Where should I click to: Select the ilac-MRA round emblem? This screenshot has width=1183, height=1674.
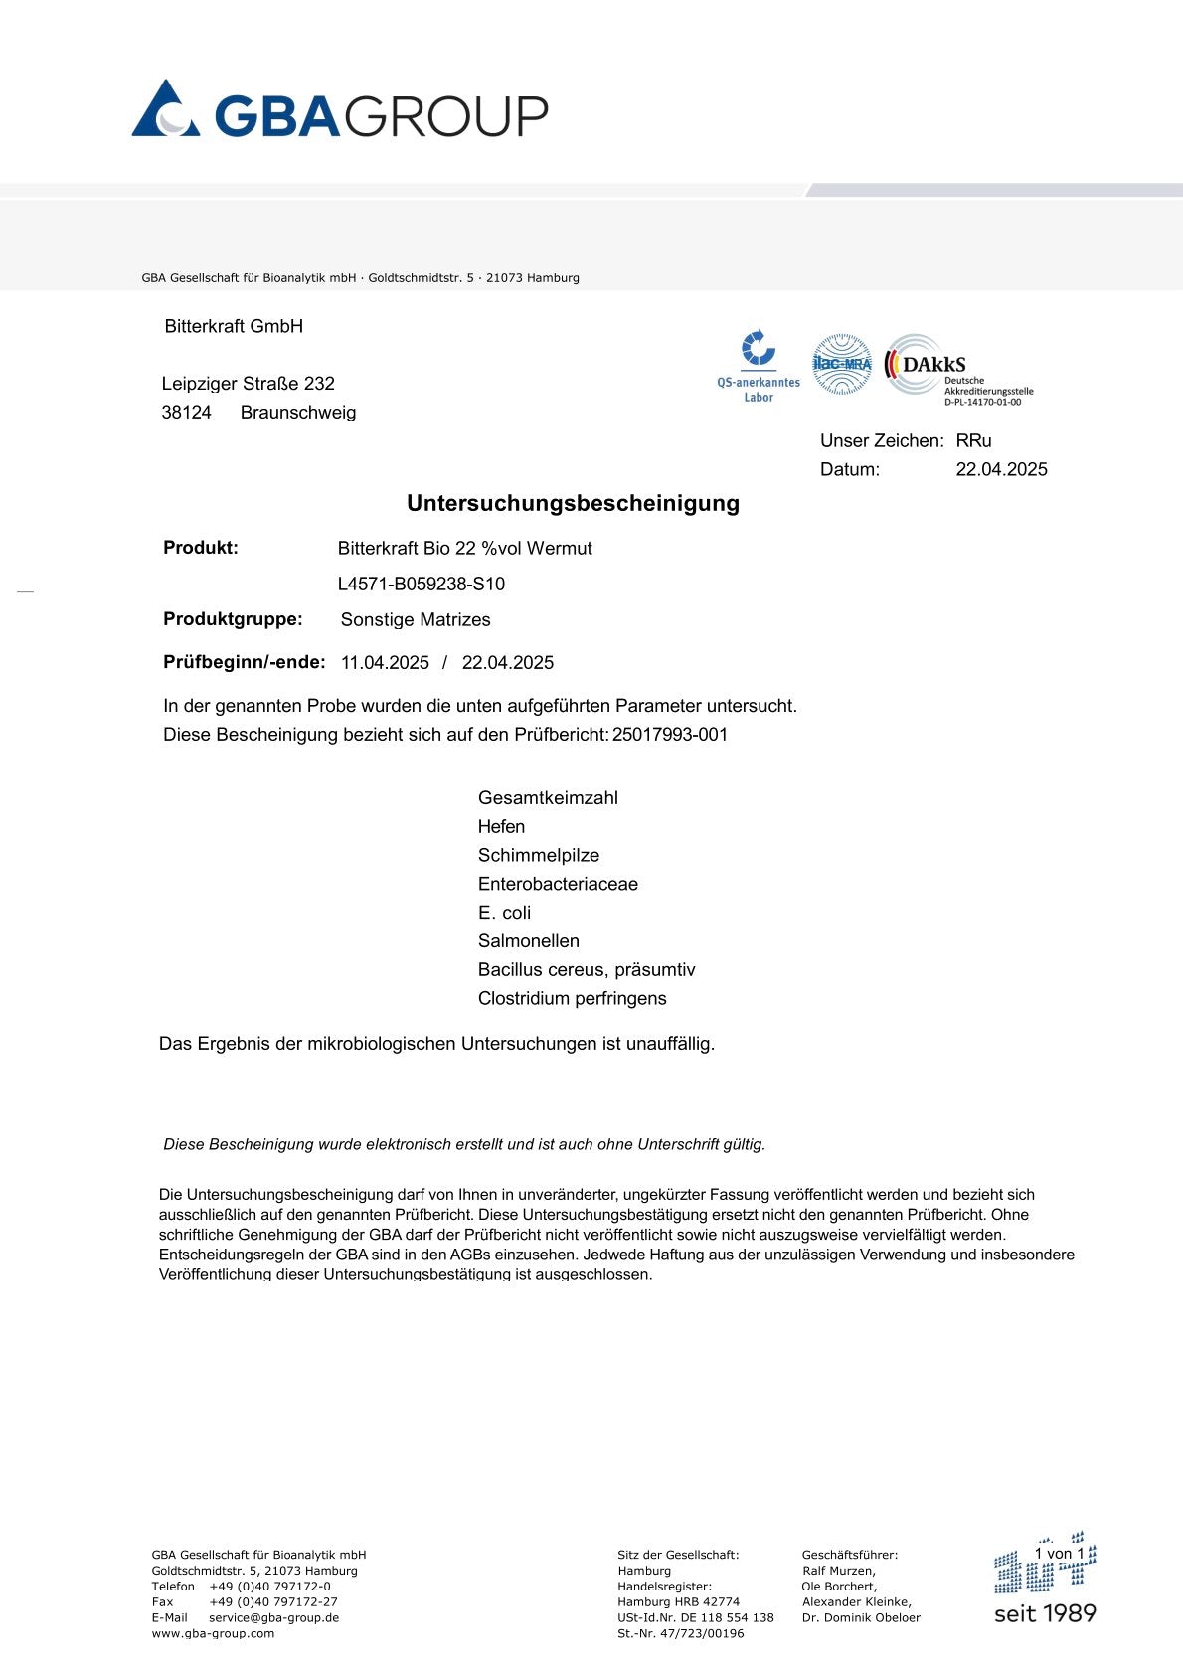point(842,364)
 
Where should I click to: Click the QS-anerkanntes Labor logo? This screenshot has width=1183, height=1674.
point(759,367)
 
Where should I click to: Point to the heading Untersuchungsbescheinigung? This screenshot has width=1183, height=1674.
point(573,503)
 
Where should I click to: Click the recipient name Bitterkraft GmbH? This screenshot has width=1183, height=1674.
point(234,326)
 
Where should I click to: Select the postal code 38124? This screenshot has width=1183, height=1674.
point(186,413)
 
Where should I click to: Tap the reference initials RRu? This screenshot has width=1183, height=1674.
point(973,440)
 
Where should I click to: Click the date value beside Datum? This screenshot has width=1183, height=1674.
point(1001,469)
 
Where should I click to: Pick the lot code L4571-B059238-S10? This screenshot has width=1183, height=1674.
point(421,584)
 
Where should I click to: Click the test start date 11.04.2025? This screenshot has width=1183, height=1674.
point(385,662)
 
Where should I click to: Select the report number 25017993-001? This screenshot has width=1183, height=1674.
point(670,735)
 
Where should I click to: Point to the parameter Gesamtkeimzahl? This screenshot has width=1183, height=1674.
point(548,797)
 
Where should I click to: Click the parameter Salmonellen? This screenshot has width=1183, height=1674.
point(528,940)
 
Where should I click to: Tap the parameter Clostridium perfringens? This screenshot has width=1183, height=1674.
point(572,998)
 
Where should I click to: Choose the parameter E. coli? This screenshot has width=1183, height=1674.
point(504,913)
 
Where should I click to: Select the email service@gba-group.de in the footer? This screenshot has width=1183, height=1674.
point(273,1617)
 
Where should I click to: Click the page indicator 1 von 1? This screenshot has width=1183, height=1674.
point(1059,1553)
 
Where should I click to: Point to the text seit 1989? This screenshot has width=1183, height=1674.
point(1045,1613)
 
